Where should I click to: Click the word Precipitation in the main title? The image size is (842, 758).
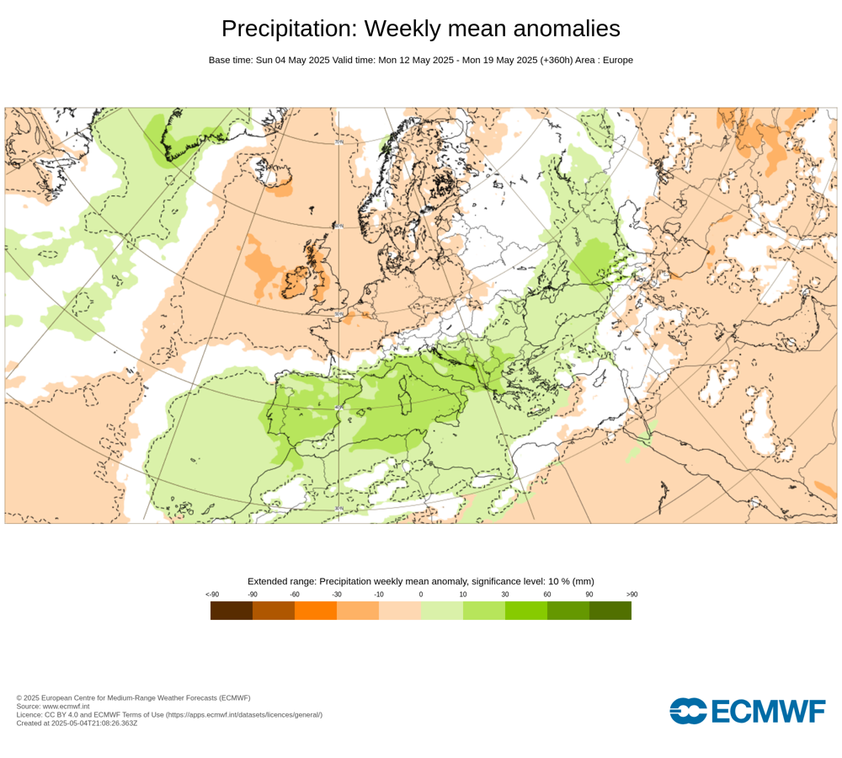286,29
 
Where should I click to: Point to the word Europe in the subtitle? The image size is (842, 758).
616,60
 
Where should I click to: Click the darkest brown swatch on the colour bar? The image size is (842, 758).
232,611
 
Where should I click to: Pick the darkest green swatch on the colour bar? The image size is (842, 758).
610,611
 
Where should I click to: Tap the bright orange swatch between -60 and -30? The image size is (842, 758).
316,611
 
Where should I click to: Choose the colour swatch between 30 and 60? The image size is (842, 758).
526,611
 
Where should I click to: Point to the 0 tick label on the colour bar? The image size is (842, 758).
421,595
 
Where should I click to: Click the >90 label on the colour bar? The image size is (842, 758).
631,595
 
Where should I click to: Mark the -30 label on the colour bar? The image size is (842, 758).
337,595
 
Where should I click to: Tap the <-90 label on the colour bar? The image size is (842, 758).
212,595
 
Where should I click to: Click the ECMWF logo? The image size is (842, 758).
748,711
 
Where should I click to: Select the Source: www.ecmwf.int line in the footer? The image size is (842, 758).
52,706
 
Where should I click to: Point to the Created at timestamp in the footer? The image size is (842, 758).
77,723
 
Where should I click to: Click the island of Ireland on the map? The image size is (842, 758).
297,279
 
